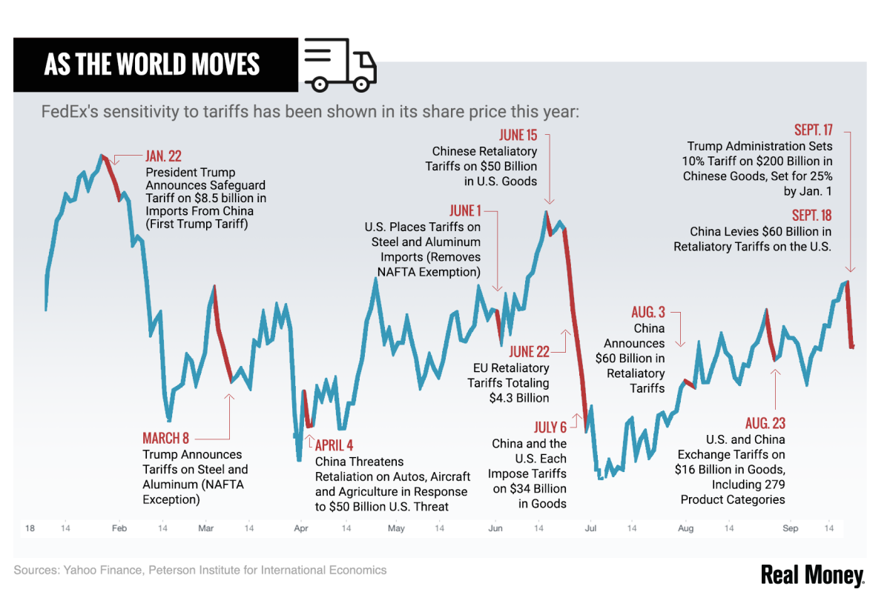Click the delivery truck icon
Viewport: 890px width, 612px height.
[x=340, y=66]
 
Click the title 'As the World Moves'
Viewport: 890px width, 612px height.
[x=152, y=65]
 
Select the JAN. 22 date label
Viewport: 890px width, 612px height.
[x=164, y=156]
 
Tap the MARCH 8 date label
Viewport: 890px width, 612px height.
[x=165, y=438]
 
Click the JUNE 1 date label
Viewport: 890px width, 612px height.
[x=465, y=211]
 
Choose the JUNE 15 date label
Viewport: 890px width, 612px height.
[x=518, y=136]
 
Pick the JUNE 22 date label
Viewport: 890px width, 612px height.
[x=529, y=352]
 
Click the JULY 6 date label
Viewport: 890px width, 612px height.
[x=550, y=428]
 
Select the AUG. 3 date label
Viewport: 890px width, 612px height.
[x=648, y=312]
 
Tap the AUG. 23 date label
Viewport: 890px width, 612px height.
[x=765, y=423]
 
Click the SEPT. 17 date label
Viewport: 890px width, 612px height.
[x=813, y=130]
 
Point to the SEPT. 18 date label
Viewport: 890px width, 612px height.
[x=811, y=215]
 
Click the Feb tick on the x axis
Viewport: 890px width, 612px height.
[x=119, y=528]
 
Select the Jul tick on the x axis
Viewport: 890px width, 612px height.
[x=591, y=528]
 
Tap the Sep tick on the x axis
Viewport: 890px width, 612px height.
[x=791, y=528]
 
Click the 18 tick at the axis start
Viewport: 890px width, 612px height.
[x=30, y=528]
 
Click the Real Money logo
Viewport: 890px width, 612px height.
[x=812, y=576]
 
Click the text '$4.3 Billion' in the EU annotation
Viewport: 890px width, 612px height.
[x=519, y=398]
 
